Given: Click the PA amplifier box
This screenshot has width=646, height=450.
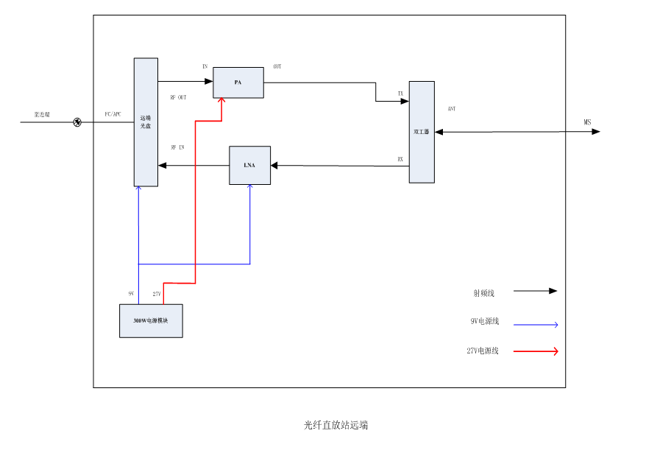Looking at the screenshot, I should point(238,82).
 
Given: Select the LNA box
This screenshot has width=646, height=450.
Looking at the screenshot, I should point(249,165).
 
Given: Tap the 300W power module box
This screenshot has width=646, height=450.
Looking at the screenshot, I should point(151,320).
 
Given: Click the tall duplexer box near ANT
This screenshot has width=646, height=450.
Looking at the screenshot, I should point(422,132).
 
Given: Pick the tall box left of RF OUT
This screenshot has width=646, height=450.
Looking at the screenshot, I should point(146,122).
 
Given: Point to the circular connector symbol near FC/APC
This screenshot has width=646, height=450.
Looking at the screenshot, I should point(77,122).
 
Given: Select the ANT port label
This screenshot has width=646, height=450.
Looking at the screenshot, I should point(452,109).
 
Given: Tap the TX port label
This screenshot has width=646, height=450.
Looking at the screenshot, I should point(400,94).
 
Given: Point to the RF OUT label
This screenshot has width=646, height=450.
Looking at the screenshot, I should point(178,97).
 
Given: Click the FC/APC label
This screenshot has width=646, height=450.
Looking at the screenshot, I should point(113,114).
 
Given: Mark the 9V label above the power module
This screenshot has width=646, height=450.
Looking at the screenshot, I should point(131,294).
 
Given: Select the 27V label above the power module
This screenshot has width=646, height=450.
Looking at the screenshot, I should point(157,294).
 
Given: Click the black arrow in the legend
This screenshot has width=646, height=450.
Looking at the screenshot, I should point(535,291).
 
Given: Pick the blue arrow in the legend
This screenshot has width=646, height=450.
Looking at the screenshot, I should point(535,324).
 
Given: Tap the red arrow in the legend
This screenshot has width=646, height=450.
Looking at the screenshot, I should point(535,351).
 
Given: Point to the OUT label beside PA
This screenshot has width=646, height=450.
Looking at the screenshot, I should point(277,67).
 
